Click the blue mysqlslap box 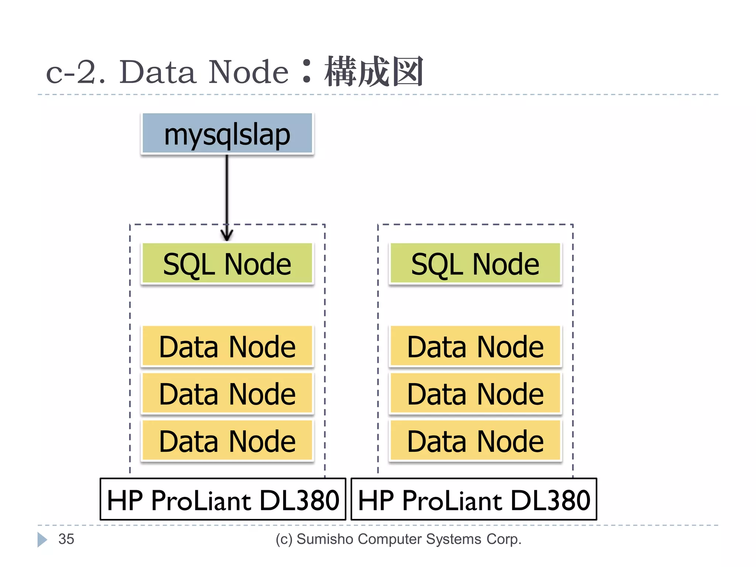227,134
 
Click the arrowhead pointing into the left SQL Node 227,235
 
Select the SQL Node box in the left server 227,264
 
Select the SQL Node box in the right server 475,264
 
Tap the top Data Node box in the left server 227,346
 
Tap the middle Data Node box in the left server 227,394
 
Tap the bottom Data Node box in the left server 227,441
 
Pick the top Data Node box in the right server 475,346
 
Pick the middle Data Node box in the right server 475,394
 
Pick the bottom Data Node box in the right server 475,441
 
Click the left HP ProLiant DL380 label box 223,499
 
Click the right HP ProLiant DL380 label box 474,499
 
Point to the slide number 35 66,539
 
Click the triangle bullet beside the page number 42,539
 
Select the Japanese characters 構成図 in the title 374,72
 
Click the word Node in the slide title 248,72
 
